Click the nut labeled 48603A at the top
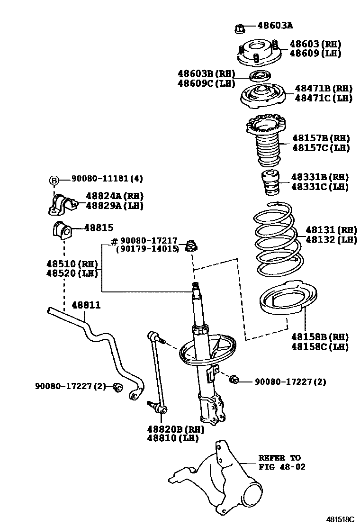click(x=240, y=28)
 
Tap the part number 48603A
click(x=275, y=26)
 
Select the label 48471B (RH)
click(x=324, y=89)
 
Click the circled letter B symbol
click(x=54, y=180)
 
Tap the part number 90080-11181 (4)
click(x=107, y=179)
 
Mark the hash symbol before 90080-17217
click(x=114, y=242)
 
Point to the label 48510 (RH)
click(x=72, y=263)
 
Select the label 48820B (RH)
click(x=175, y=429)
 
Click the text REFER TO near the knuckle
click(x=279, y=458)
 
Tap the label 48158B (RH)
click(x=320, y=337)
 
